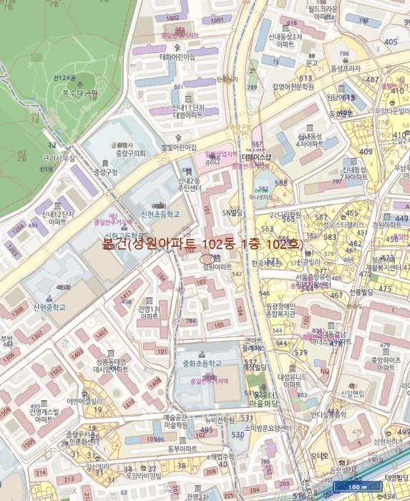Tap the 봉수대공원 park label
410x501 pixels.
click(x=79, y=93)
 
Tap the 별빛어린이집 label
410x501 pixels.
click(x=179, y=147)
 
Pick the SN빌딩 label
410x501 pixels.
click(x=233, y=213)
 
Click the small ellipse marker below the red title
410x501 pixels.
click(x=208, y=258)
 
